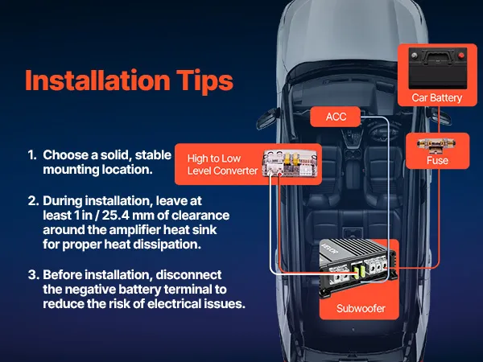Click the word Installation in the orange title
point(97,80)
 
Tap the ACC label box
point(336,117)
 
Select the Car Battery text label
point(437,98)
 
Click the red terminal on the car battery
point(460,56)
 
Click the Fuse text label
point(437,160)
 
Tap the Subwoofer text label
point(361,308)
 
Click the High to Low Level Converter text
point(222,165)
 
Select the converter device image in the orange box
point(290,163)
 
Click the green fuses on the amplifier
point(359,272)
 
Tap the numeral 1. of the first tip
point(32,154)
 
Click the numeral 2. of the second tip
point(33,200)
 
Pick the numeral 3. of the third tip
point(34,274)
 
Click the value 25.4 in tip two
point(116,215)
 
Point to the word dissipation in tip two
point(169,245)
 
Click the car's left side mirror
point(266,118)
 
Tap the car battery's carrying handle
point(438,56)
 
